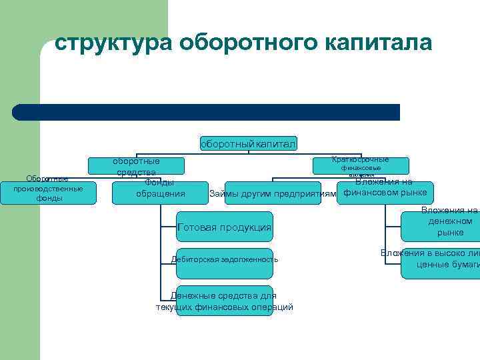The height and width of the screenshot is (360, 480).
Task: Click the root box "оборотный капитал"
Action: pos(248,143)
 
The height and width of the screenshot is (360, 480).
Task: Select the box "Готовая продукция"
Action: pos(225,227)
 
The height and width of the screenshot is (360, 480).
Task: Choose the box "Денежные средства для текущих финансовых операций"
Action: pos(225,301)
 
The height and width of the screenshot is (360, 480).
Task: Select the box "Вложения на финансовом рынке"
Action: pos(385,189)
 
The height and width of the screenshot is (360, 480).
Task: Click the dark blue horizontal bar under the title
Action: pos(207,112)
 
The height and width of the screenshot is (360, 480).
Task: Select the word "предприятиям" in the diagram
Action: pos(307,194)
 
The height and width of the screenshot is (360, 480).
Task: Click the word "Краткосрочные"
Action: pos(361,160)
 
